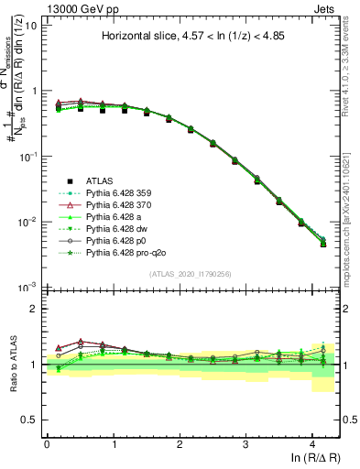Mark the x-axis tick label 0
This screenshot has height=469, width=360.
point(46,443)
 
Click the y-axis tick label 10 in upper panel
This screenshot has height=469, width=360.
point(29,25)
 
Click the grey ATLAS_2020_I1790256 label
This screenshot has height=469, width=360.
point(191,275)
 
